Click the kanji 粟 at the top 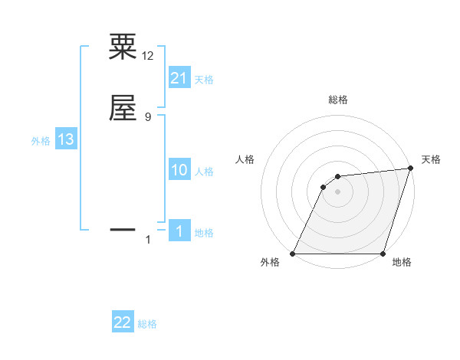(123, 46)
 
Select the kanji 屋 (123, 108)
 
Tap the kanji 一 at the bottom (123, 228)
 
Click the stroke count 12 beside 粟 (148, 56)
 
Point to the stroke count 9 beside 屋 (148, 117)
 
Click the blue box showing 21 (179, 77)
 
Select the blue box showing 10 (179, 170)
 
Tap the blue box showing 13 (66, 139)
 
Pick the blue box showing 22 (123, 322)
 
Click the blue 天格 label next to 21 (204, 80)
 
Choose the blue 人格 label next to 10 (204, 172)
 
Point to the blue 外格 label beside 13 (41, 142)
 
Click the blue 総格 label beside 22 (147, 325)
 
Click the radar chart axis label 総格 (338, 100)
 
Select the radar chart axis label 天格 (431, 159)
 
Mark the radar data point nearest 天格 (411, 169)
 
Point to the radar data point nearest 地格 (383, 254)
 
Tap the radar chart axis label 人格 (245, 159)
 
